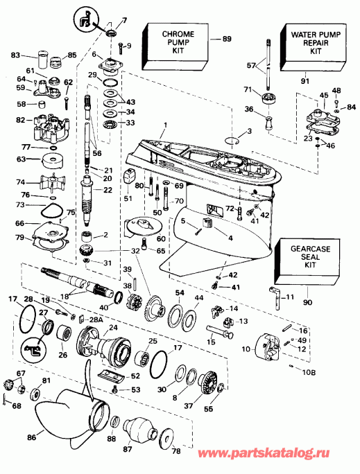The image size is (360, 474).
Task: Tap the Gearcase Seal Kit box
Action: [305, 257]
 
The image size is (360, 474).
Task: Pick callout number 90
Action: [306, 302]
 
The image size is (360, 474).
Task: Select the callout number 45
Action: [323, 95]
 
